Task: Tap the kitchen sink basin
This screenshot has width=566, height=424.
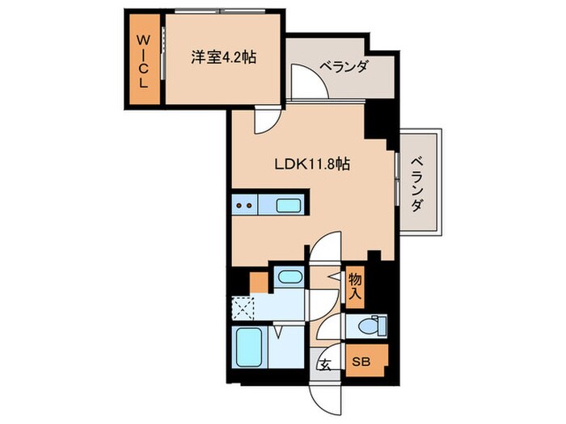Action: pos(288,205)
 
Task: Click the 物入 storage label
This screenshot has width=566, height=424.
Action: pos(355,286)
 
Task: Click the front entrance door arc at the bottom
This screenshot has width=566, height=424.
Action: pos(325,393)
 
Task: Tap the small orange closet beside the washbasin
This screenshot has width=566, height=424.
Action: pos(258,283)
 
